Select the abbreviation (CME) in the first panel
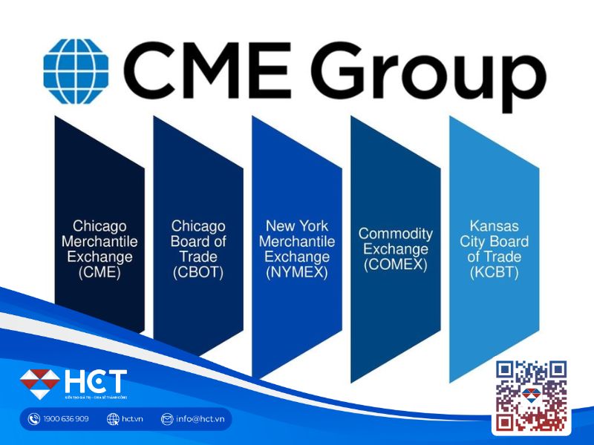[99, 273]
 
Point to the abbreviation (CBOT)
[198, 273]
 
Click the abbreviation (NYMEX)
[297, 273]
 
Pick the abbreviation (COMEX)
[396, 265]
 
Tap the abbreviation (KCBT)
[494, 273]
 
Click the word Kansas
[494, 225]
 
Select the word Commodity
[396, 234]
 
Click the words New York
[297, 225]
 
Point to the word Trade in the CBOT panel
[198, 257]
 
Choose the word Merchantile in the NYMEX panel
[297, 241]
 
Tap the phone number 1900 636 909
[66, 419]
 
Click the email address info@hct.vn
[200, 419]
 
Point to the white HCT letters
[95, 381]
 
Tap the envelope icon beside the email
[167, 419]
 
